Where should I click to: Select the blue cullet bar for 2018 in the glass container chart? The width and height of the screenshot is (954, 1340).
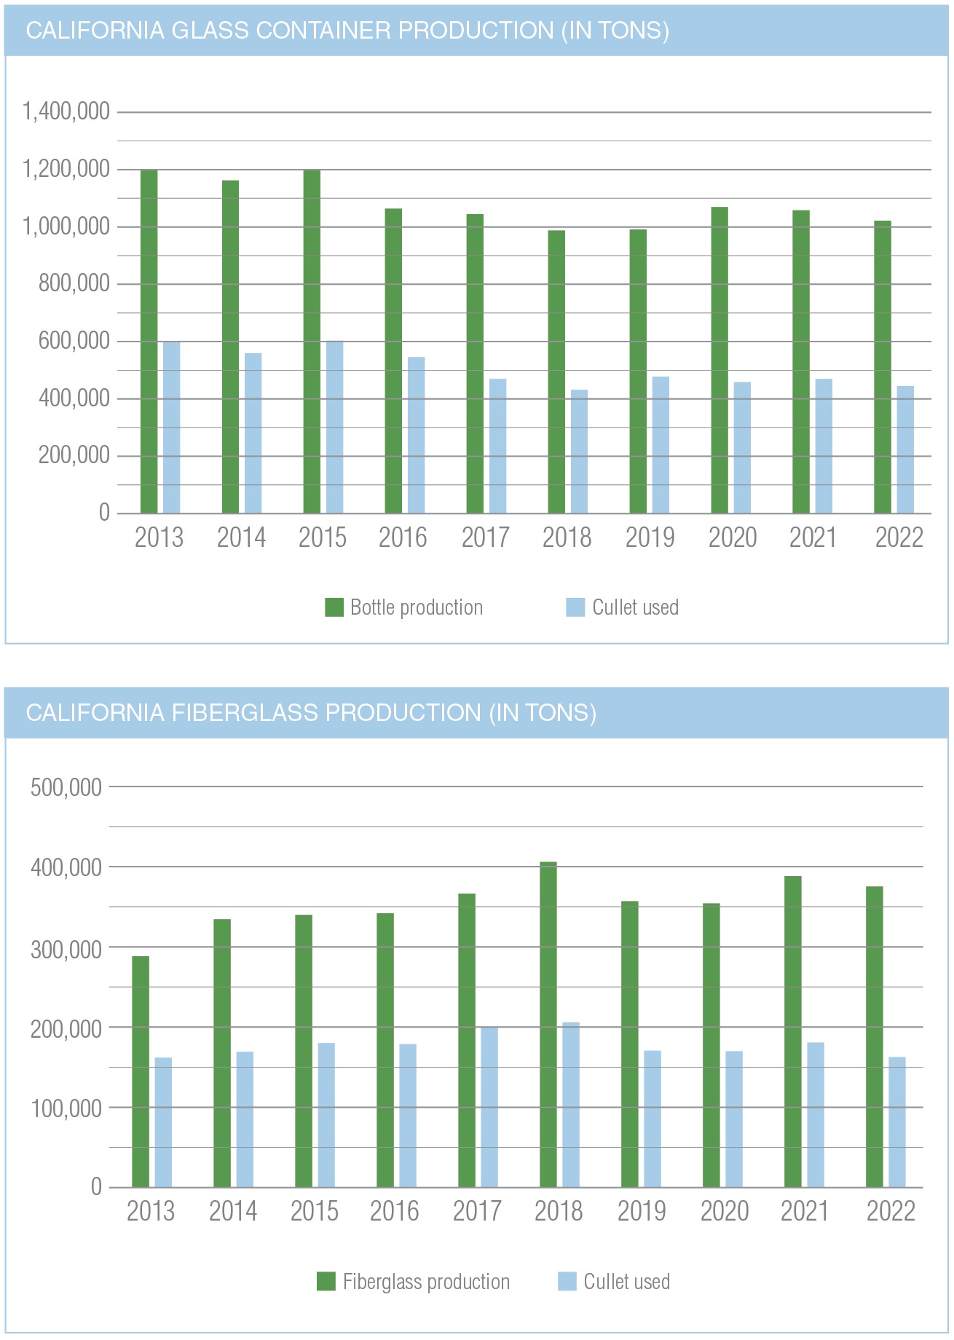pyautogui.click(x=579, y=452)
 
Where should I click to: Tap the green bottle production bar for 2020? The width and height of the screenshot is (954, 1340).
pyautogui.click(x=720, y=360)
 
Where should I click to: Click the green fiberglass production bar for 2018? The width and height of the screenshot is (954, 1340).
pyautogui.click(x=548, y=1025)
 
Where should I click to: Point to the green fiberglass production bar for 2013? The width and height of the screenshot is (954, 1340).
pyautogui.click(x=141, y=1071)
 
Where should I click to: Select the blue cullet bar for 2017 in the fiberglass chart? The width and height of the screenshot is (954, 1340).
pyautogui.click(x=489, y=1107)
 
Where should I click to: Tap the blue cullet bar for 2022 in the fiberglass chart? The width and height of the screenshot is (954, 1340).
pyautogui.click(x=897, y=1122)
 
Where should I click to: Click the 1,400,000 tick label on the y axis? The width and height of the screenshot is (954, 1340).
pyautogui.click(x=66, y=111)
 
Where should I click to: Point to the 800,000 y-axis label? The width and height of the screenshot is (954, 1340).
pyautogui.click(x=74, y=283)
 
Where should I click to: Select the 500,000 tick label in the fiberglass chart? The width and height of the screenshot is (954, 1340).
pyautogui.click(x=66, y=787)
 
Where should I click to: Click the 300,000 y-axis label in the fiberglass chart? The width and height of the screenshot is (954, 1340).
pyautogui.click(x=66, y=949)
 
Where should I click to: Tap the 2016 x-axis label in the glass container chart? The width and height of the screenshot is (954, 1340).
pyautogui.click(x=403, y=538)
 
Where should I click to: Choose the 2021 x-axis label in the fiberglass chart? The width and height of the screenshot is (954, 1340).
pyautogui.click(x=805, y=1211)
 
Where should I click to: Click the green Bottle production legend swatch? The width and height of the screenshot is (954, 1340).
pyautogui.click(x=334, y=607)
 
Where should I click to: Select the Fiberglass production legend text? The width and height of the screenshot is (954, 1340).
pyautogui.click(x=426, y=1282)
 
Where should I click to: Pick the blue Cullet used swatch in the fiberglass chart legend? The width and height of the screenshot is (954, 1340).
pyautogui.click(x=567, y=1282)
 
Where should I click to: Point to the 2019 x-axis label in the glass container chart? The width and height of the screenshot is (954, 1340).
pyautogui.click(x=650, y=538)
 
